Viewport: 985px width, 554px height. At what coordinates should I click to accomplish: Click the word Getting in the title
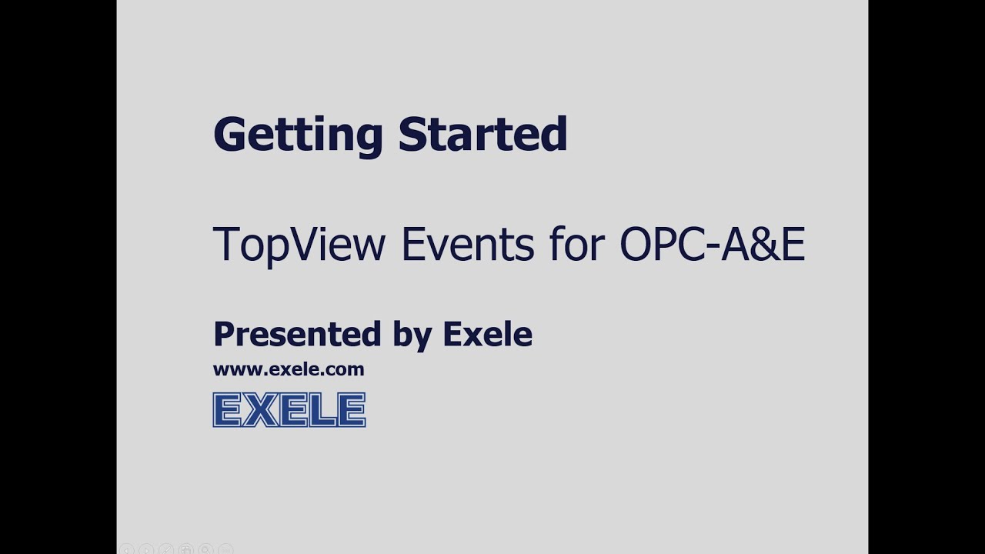point(297,135)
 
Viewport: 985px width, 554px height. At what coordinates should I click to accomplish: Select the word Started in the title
point(482,134)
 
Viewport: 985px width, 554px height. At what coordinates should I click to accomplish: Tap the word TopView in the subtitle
point(299,245)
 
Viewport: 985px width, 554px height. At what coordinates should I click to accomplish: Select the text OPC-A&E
point(712,244)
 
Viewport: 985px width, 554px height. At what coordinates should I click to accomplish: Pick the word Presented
point(297,335)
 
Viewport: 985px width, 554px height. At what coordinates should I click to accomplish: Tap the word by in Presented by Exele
point(412,336)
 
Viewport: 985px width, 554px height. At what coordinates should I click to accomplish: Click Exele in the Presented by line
point(487,335)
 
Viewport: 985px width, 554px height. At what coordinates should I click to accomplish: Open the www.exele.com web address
point(289,369)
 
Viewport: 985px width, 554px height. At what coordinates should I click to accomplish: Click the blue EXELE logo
point(289,409)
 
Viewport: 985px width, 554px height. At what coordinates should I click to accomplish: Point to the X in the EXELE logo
point(259,409)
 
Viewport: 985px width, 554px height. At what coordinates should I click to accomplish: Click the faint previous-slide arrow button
point(127,549)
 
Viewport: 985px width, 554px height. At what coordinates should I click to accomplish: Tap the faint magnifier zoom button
point(205,549)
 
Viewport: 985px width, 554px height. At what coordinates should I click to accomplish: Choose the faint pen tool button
point(165,549)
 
